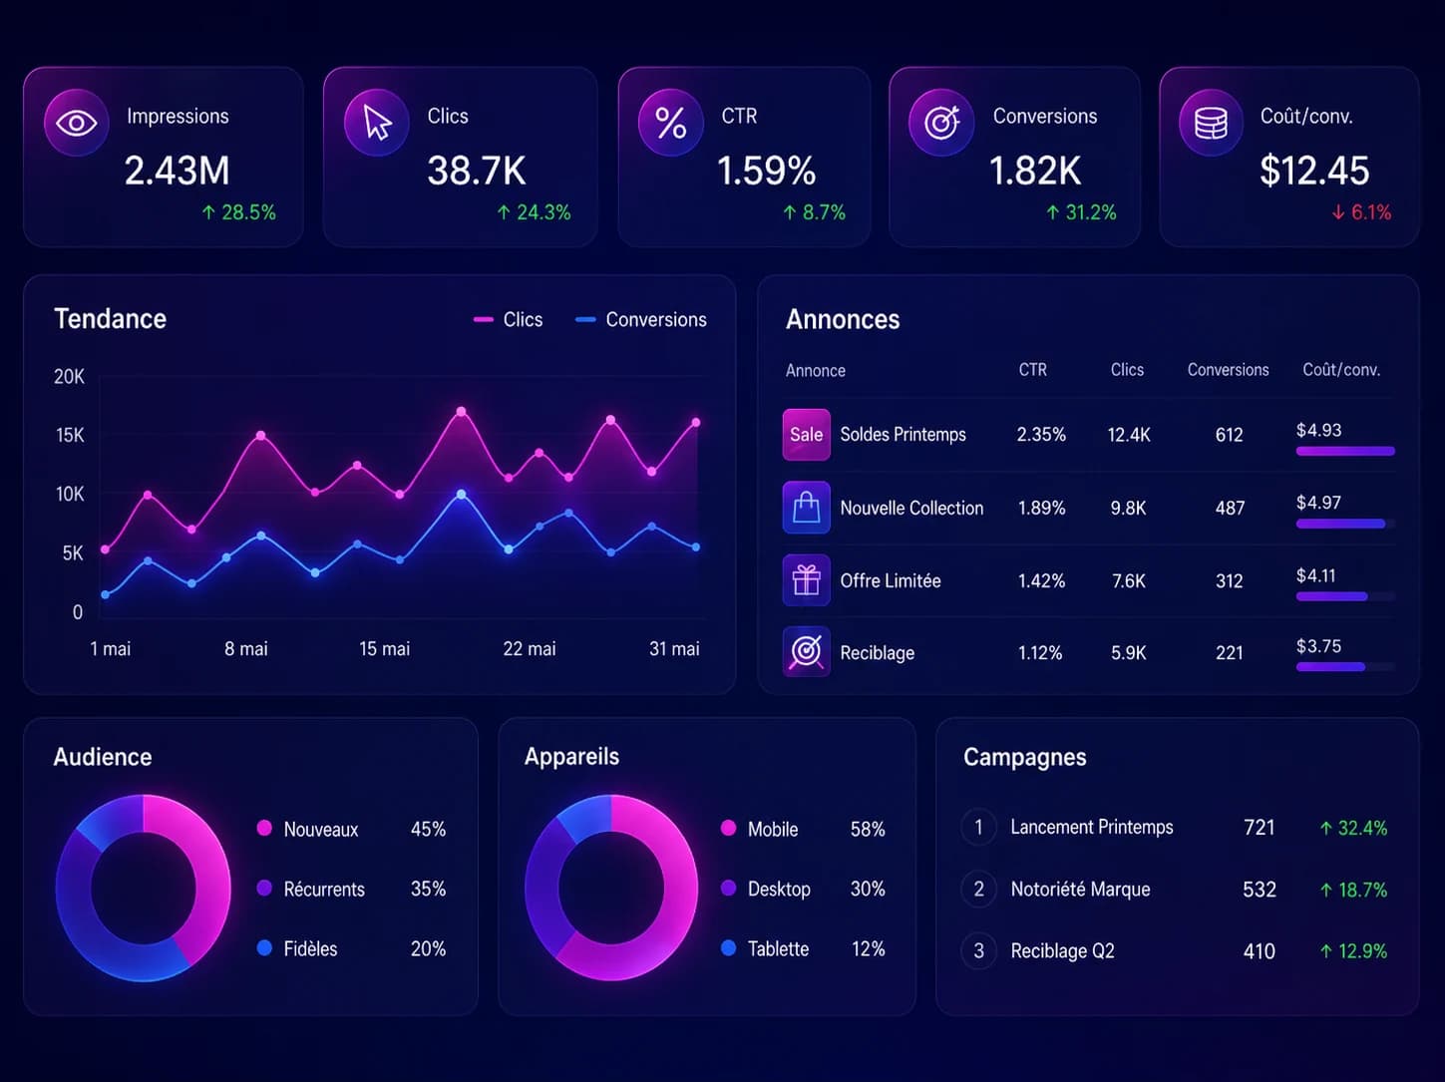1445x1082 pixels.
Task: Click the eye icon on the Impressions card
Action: [x=77, y=123]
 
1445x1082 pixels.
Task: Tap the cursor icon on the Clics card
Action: [x=377, y=123]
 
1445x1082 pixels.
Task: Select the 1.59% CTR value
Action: [x=766, y=171]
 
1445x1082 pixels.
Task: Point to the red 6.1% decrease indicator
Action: [x=1361, y=212]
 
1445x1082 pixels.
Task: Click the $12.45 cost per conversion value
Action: [x=1314, y=171]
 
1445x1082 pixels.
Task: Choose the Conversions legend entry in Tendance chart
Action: [x=640, y=320]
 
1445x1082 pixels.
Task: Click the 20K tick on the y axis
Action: [x=69, y=377]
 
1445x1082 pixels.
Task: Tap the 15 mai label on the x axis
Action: [x=385, y=649]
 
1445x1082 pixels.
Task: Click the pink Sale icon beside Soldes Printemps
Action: [x=807, y=435]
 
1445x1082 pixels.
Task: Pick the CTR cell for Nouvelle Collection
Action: [x=1041, y=509]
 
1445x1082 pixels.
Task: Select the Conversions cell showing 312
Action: [x=1229, y=581]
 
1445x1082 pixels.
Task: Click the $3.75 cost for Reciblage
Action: [x=1318, y=646]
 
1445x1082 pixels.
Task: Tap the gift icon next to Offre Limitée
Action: [x=807, y=580]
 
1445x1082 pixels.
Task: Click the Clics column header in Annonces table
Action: [x=1127, y=370]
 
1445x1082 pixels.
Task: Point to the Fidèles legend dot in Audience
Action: [x=264, y=947]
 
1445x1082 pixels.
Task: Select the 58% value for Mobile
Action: [x=868, y=830]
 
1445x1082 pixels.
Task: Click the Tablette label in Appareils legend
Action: [x=778, y=949]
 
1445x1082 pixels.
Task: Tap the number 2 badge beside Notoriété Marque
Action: [x=979, y=890]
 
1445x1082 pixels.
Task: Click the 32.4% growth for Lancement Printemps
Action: [x=1354, y=828]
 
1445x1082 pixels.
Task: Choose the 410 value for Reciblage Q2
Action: [x=1260, y=951]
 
